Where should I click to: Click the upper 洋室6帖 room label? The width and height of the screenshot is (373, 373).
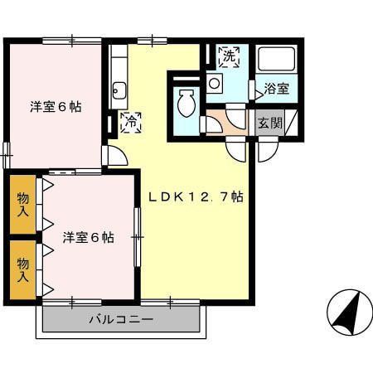click(x=56, y=106)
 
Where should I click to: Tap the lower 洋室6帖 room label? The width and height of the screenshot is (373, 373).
click(x=88, y=238)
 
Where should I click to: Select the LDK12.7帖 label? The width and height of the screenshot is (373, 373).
click(x=196, y=196)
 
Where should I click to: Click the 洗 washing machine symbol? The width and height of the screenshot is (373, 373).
click(x=230, y=56)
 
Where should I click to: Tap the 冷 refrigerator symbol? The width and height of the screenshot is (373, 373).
click(x=130, y=123)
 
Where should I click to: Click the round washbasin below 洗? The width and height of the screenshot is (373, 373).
click(x=214, y=83)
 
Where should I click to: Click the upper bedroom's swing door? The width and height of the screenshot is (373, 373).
click(x=114, y=155)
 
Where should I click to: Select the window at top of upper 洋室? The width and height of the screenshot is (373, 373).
click(x=70, y=39)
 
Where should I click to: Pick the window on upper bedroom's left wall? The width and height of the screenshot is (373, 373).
click(x=6, y=152)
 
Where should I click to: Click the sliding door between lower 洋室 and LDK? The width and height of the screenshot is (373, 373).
click(x=138, y=236)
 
